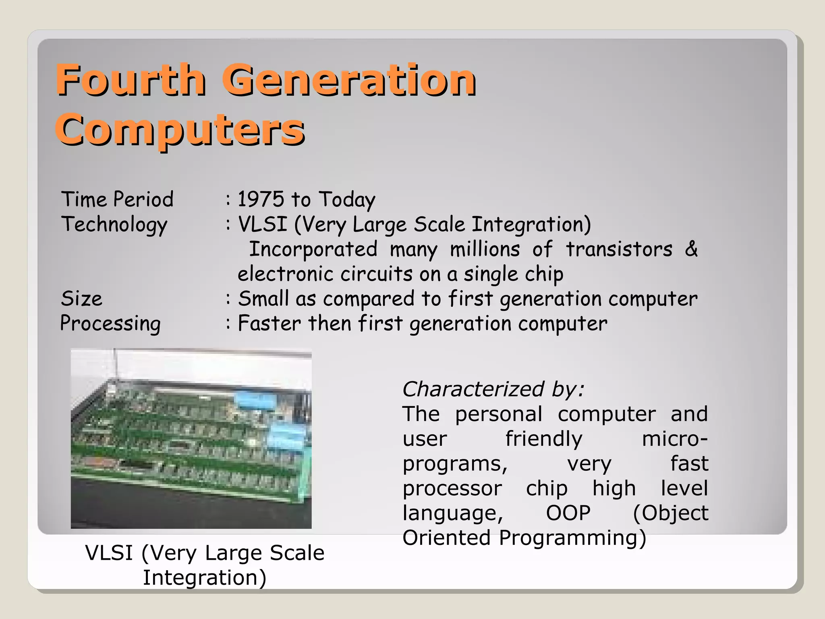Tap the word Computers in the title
[180, 130]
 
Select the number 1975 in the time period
[261, 199]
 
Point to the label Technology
[114, 225]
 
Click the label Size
[81, 299]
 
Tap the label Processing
[110, 324]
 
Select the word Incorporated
[313, 249]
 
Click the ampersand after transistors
[691, 249]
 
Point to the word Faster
[269, 324]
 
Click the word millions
[485, 249]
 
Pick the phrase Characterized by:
[493, 389]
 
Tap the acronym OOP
[568, 513]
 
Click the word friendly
[544, 439]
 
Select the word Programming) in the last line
[572, 538]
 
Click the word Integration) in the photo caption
[205, 577]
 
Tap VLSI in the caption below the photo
[109, 553]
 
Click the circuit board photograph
[191, 439]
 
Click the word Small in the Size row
[263, 299]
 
